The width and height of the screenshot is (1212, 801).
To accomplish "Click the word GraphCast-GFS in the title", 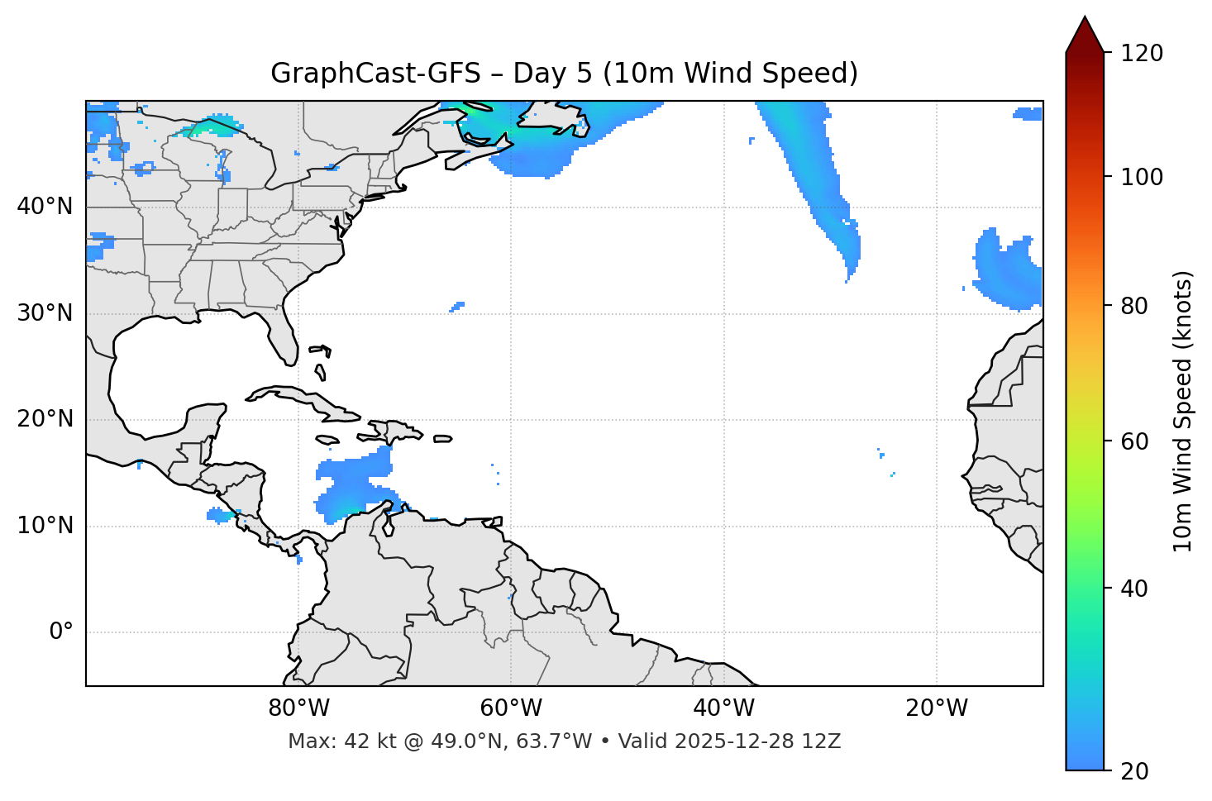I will [x=375, y=74].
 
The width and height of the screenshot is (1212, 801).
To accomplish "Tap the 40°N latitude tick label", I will [x=45, y=207].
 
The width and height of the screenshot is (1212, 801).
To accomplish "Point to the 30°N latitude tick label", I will [x=45, y=313].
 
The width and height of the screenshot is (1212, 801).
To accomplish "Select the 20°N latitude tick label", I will [x=45, y=419].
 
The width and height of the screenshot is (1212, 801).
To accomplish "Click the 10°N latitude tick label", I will [x=45, y=526].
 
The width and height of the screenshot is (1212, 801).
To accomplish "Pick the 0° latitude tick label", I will [x=61, y=632].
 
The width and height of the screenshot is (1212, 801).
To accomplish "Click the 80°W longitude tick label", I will [x=298, y=708].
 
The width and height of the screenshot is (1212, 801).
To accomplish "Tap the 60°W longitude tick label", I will [x=511, y=708].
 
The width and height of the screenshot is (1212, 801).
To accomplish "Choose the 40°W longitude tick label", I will [x=723, y=708].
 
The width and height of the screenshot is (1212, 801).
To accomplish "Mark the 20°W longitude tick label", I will [x=936, y=708].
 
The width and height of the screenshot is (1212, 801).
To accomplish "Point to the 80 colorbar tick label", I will [x=1134, y=306].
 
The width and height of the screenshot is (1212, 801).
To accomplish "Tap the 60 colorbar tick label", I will [x=1134, y=441].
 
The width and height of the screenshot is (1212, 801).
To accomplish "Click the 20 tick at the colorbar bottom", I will [x=1134, y=771].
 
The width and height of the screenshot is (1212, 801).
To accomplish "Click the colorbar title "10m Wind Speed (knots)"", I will [x=1183, y=411].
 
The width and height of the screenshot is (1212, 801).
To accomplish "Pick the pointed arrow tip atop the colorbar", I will [x=1085, y=20].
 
